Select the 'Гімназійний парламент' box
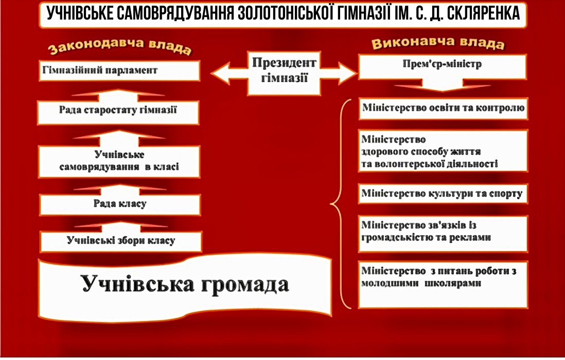pyautogui.click(x=119, y=70)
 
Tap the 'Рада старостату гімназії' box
pyautogui.click(x=118, y=110)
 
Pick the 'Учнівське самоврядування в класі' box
pyautogui.click(x=119, y=161)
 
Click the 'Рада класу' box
pyautogui.click(x=120, y=204)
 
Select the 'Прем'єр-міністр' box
pyautogui.click(x=443, y=65)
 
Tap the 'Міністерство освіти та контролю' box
pyautogui.click(x=443, y=109)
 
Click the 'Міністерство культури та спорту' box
pyautogui.click(x=443, y=194)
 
